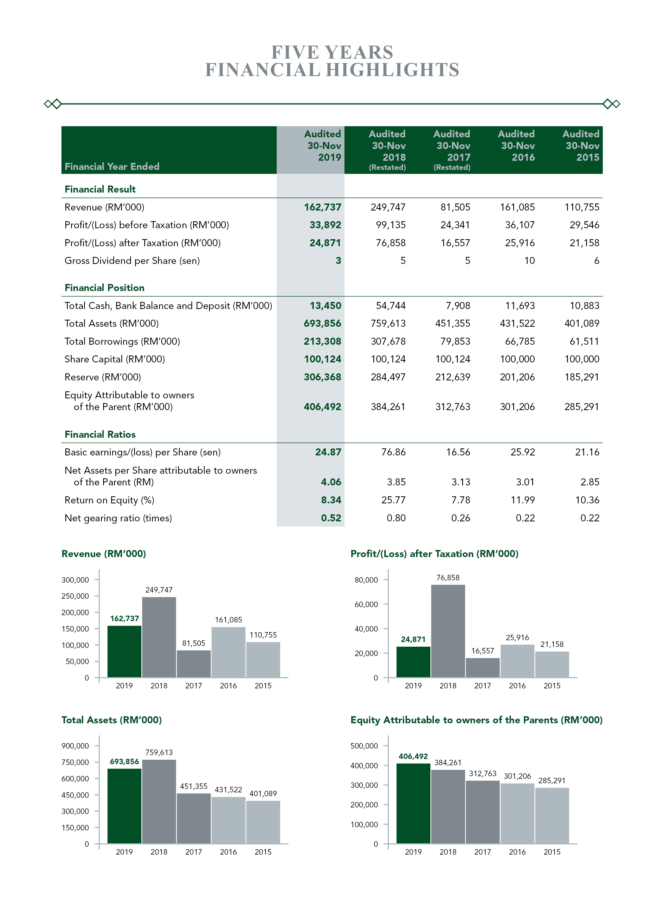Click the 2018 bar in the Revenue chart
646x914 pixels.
[x=159, y=637]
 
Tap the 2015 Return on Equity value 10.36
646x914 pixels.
[x=587, y=500]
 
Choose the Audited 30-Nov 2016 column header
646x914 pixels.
[x=517, y=146]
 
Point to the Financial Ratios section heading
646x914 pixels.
[x=100, y=434]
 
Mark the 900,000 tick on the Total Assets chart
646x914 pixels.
[x=75, y=746]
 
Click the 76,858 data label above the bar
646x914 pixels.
[x=448, y=578]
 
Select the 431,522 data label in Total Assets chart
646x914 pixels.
[x=228, y=789]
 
